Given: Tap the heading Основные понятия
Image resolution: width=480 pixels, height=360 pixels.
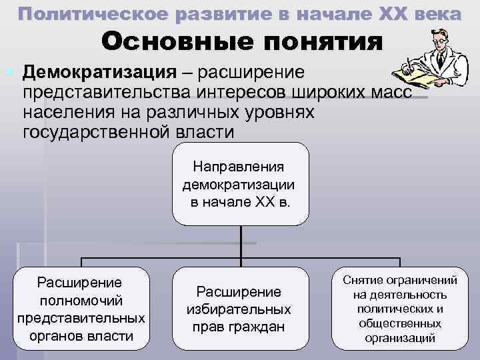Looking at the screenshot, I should tap(243, 43).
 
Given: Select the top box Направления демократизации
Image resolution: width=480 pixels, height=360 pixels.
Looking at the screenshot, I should tap(241, 183).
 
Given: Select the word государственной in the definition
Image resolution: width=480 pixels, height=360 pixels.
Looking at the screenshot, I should tap(94, 131).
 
